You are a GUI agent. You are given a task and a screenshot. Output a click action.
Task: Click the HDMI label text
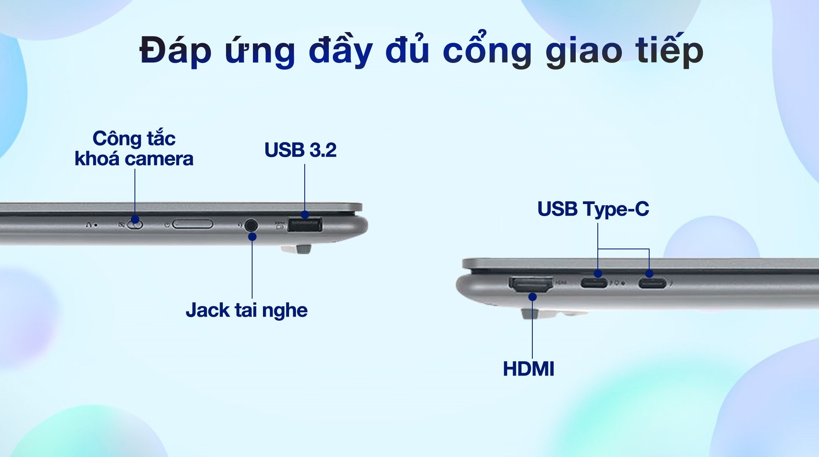coord(528,369)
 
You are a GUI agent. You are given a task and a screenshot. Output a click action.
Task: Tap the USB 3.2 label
coord(300,150)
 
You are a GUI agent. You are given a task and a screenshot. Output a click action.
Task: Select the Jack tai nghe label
coord(247,310)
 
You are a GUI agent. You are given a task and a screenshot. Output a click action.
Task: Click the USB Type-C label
coord(593,209)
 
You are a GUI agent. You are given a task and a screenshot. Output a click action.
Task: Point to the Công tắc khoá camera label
coord(134,148)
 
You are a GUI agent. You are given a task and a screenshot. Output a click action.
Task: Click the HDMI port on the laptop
coord(531,284)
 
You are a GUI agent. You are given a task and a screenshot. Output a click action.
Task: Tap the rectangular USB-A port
coord(305,225)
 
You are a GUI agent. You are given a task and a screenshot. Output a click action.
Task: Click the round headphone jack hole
coord(251,225)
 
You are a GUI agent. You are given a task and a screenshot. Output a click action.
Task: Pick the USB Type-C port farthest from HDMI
coord(652,283)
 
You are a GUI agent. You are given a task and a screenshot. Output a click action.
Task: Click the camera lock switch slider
coord(135,224)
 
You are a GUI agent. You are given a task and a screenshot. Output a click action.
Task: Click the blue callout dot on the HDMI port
coord(532,297)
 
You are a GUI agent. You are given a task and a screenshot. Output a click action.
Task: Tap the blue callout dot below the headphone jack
coord(252,237)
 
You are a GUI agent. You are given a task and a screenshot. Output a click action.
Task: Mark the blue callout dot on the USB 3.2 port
coord(305,214)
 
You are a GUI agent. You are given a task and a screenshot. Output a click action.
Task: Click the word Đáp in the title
coord(175,51)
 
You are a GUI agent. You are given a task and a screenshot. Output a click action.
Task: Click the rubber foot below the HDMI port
coord(536,313)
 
